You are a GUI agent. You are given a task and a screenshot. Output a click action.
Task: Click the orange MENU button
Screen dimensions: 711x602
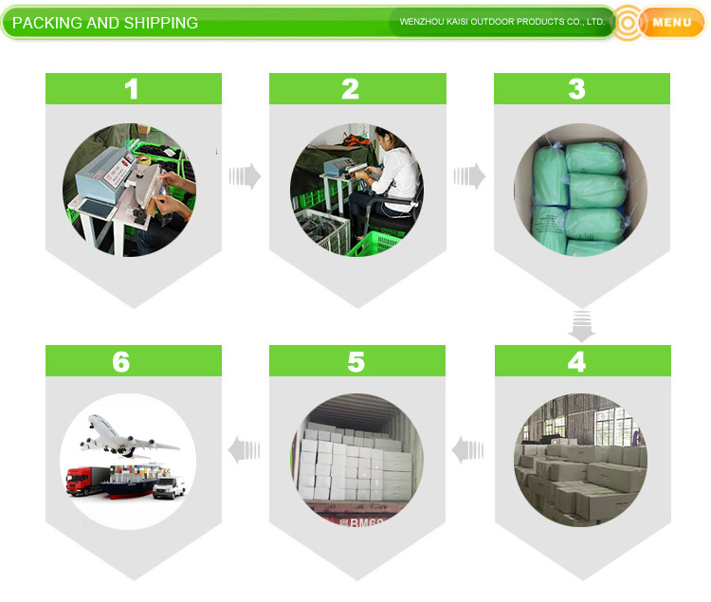[x=672, y=22]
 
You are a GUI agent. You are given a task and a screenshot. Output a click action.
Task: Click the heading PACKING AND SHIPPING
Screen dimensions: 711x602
[x=104, y=23]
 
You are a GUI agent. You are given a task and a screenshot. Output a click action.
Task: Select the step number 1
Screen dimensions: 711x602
[x=131, y=89]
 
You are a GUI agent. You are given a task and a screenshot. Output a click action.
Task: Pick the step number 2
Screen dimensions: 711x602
[x=350, y=89]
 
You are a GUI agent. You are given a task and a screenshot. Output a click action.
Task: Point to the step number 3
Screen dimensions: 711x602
[x=576, y=89]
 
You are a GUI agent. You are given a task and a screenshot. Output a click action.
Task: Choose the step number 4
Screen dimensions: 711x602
[x=576, y=362]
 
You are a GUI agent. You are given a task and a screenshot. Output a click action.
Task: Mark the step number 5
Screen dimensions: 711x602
[x=355, y=362]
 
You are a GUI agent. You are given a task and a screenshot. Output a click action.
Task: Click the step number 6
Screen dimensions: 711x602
[x=121, y=362]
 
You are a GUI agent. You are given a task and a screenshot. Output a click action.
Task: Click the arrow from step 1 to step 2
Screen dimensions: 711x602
[x=245, y=176]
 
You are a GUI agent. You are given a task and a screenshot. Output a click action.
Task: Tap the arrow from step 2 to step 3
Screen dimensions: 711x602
[x=469, y=176]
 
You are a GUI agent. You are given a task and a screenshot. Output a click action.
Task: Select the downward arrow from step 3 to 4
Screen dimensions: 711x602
[x=582, y=326]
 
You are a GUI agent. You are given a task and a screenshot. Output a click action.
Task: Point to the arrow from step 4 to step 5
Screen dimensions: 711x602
[x=467, y=450]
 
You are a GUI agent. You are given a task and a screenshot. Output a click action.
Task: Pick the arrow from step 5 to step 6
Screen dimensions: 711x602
[x=244, y=450]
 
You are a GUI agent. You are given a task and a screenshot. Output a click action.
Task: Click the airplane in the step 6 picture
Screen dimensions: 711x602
[x=128, y=436]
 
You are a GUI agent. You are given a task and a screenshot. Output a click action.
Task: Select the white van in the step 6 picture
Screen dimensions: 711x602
[x=169, y=488]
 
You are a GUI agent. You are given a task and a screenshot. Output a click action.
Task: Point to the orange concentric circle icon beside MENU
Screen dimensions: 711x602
[x=628, y=23]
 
